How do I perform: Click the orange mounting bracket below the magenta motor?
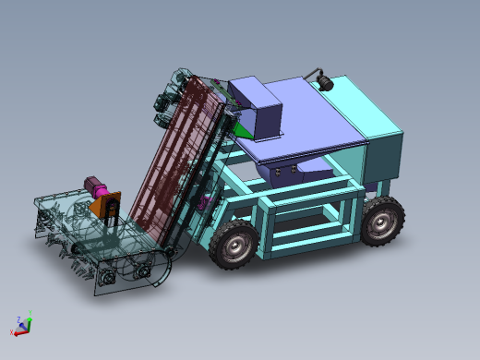[107, 204]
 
